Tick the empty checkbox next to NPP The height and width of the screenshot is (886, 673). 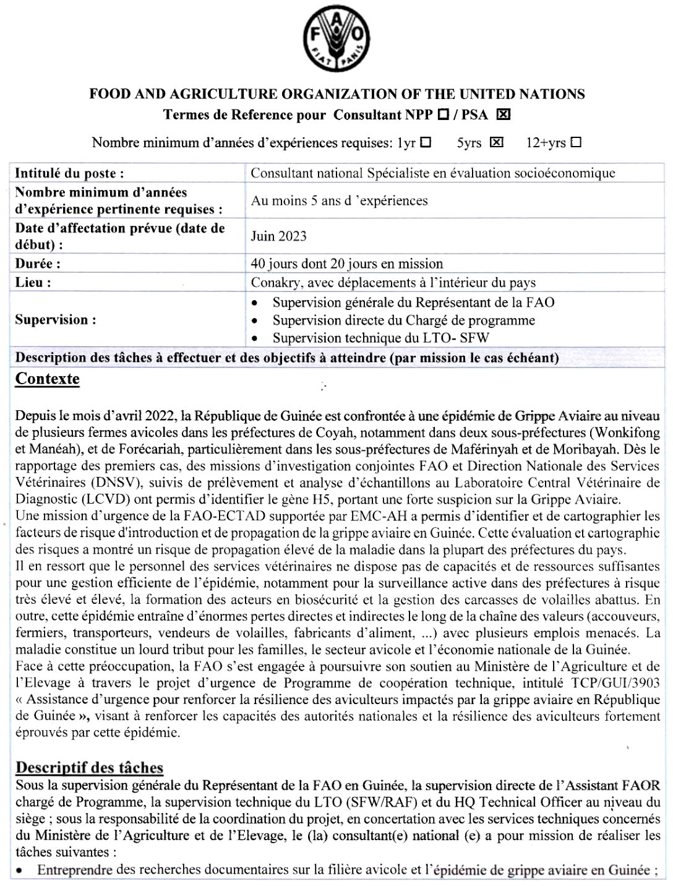(443, 114)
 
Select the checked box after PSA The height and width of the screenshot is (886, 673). (504, 114)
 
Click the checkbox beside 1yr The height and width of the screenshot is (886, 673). (426, 142)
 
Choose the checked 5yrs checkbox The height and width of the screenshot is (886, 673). (496, 142)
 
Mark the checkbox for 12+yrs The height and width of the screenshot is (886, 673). (576, 142)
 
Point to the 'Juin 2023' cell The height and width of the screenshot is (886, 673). (278, 236)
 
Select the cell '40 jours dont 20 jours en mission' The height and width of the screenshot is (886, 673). (346, 264)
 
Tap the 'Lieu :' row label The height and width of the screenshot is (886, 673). (33, 283)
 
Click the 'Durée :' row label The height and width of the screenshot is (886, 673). (38, 264)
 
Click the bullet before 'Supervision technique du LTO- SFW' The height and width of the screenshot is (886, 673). (255, 338)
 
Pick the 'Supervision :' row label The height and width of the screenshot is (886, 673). (56, 320)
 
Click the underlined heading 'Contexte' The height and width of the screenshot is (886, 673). (48, 379)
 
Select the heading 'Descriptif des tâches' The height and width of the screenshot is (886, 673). (90, 768)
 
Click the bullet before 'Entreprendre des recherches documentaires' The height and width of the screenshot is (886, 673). (20, 870)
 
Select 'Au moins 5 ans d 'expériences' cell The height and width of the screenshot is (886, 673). (339, 200)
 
